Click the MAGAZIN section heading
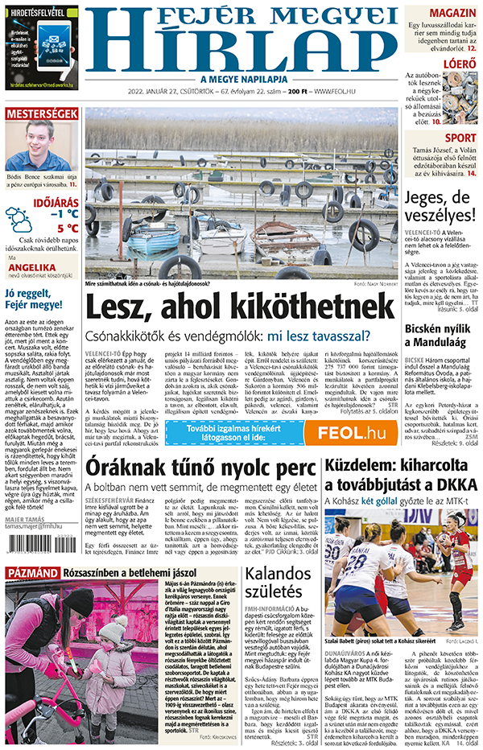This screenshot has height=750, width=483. [x=452, y=14]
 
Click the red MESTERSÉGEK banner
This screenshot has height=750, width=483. [x=41, y=114]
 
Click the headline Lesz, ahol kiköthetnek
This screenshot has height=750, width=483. [x=239, y=308]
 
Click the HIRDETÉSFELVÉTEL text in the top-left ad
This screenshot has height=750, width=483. [x=39, y=13]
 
